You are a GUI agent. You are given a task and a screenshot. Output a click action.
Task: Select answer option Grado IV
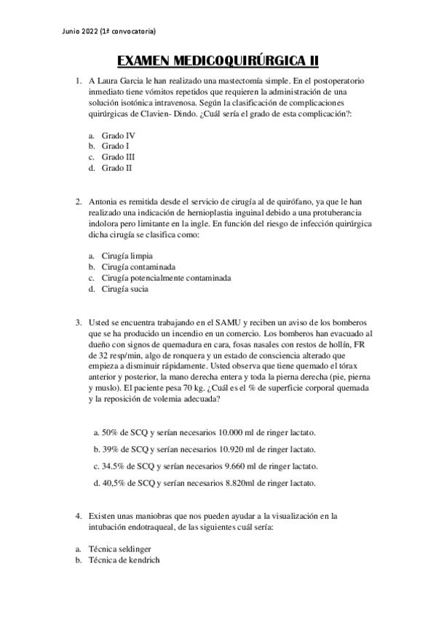pyautogui.click(x=118, y=135)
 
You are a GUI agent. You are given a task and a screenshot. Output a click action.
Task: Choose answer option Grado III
pyautogui.click(x=118, y=156)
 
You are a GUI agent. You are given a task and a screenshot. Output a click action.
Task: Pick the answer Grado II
pyautogui.click(x=116, y=167)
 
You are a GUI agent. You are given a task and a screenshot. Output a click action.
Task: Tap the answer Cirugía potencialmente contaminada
pyautogui.click(x=166, y=278)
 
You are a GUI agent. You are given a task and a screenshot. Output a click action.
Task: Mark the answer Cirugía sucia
pyautogui.click(x=125, y=289)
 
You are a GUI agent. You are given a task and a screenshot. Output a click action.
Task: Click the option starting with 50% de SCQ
pyautogui.click(x=207, y=431)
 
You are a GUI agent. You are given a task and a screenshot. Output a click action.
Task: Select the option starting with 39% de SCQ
pyautogui.click(x=207, y=449)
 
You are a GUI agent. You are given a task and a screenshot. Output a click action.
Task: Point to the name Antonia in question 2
pyautogui.click(x=103, y=201)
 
